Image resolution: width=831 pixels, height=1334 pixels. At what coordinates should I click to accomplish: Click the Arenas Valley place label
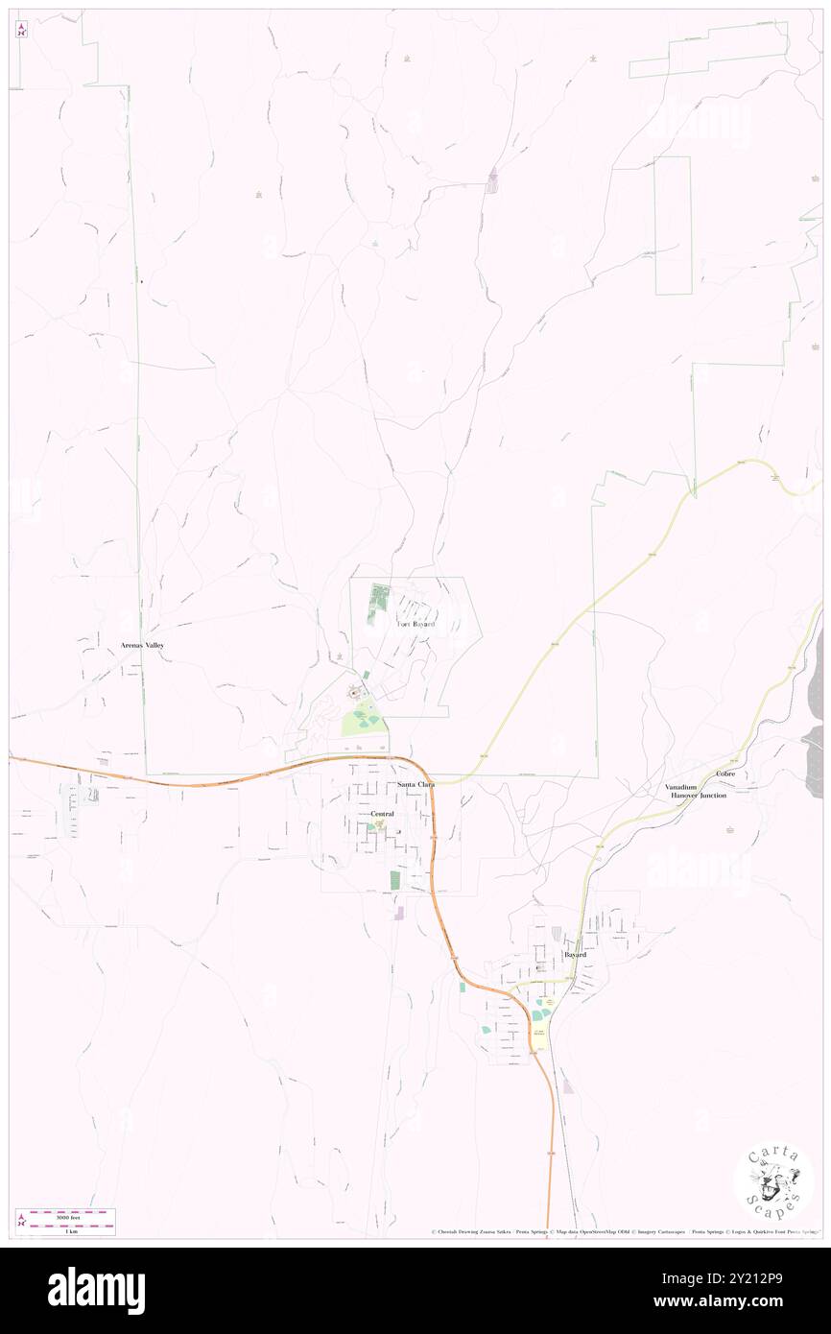click(142, 645)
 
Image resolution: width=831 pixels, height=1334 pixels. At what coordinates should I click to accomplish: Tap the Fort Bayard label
click(416, 625)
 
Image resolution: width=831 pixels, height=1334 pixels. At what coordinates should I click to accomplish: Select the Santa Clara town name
click(416, 785)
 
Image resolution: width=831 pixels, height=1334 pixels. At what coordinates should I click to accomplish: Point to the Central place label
click(382, 814)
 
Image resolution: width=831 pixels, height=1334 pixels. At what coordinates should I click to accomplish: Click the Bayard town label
click(575, 956)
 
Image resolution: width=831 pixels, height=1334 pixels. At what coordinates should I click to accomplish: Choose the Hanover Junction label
click(699, 796)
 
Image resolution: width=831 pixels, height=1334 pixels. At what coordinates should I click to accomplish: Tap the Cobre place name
click(725, 774)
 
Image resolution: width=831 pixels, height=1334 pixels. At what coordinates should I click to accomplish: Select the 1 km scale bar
click(65, 1229)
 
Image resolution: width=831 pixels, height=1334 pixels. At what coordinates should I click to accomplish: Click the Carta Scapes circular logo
click(773, 1182)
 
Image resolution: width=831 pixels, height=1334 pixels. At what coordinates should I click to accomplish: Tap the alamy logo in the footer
click(96, 1291)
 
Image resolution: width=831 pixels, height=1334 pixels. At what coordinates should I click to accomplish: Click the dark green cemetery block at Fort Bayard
click(377, 598)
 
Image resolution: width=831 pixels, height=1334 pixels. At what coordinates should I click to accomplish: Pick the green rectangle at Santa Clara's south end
click(394, 879)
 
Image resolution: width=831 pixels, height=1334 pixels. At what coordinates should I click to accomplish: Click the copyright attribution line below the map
click(624, 1232)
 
